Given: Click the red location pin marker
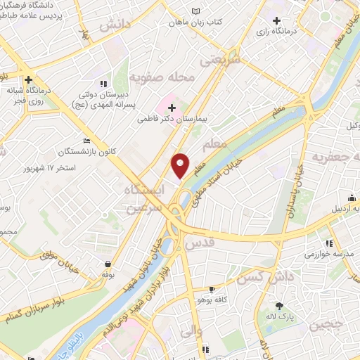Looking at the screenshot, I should [x=181, y=165].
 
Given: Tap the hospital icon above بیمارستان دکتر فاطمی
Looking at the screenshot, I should [x=172, y=108].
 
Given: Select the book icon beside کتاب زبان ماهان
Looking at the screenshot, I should [x=195, y=12].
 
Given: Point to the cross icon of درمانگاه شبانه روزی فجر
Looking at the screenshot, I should [x=28, y=79].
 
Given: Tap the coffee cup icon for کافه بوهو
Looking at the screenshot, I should [x=212, y=289].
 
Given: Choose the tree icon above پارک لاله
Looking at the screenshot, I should [x=279, y=305].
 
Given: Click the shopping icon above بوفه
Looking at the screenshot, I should [x=106, y=264].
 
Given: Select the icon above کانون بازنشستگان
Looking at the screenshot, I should [x=86, y=140].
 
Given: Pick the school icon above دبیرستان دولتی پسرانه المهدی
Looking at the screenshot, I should [x=104, y=84].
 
